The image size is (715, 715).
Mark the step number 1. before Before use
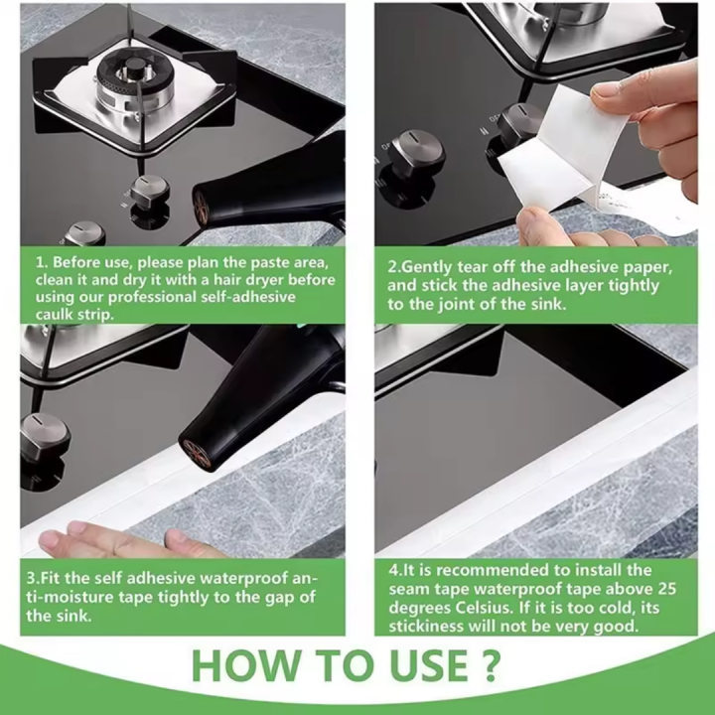[42, 262]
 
